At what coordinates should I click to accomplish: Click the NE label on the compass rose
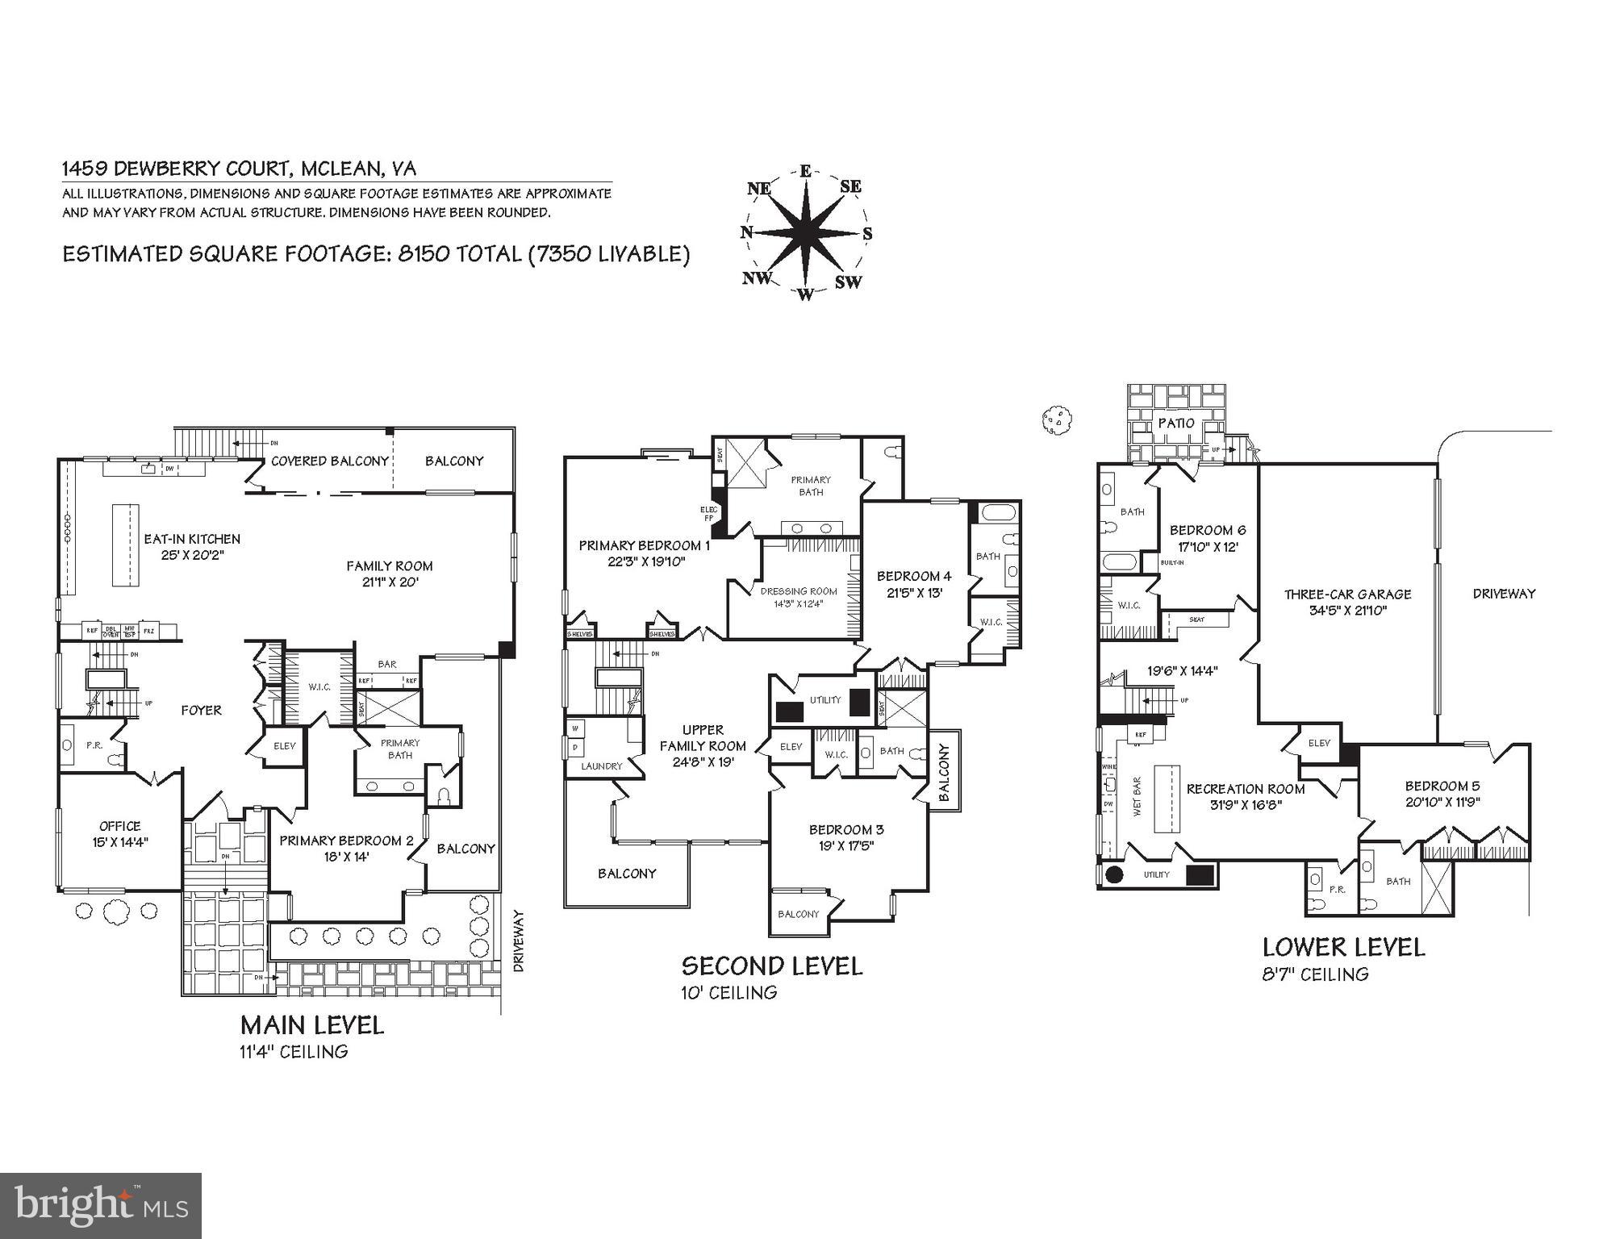[x=759, y=189]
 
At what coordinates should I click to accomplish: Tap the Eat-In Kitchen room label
[x=192, y=539]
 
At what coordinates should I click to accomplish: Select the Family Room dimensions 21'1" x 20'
[x=390, y=582]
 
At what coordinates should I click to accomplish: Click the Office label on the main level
[x=120, y=826]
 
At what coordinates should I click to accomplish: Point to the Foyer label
[x=201, y=711]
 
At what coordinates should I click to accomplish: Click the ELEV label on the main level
[x=284, y=746]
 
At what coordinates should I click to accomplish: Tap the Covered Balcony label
[x=330, y=461]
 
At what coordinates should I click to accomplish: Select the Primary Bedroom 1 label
[x=645, y=546]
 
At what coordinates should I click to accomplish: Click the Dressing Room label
[x=799, y=591]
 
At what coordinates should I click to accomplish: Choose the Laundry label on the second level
[x=601, y=766]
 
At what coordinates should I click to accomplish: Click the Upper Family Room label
[x=703, y=737]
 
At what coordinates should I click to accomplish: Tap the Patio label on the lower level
[x=1175, y=423]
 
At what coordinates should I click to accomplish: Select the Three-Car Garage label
[x=1347, y=594]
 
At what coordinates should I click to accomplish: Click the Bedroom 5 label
[x=1442, y=786]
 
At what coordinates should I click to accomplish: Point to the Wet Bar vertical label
[x=1138, y=797]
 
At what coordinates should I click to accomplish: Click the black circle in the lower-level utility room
[x=1115, y=874]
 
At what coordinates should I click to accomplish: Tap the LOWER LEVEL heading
[x=1343, y=947]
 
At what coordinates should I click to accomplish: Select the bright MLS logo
[x=101, y=1206]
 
